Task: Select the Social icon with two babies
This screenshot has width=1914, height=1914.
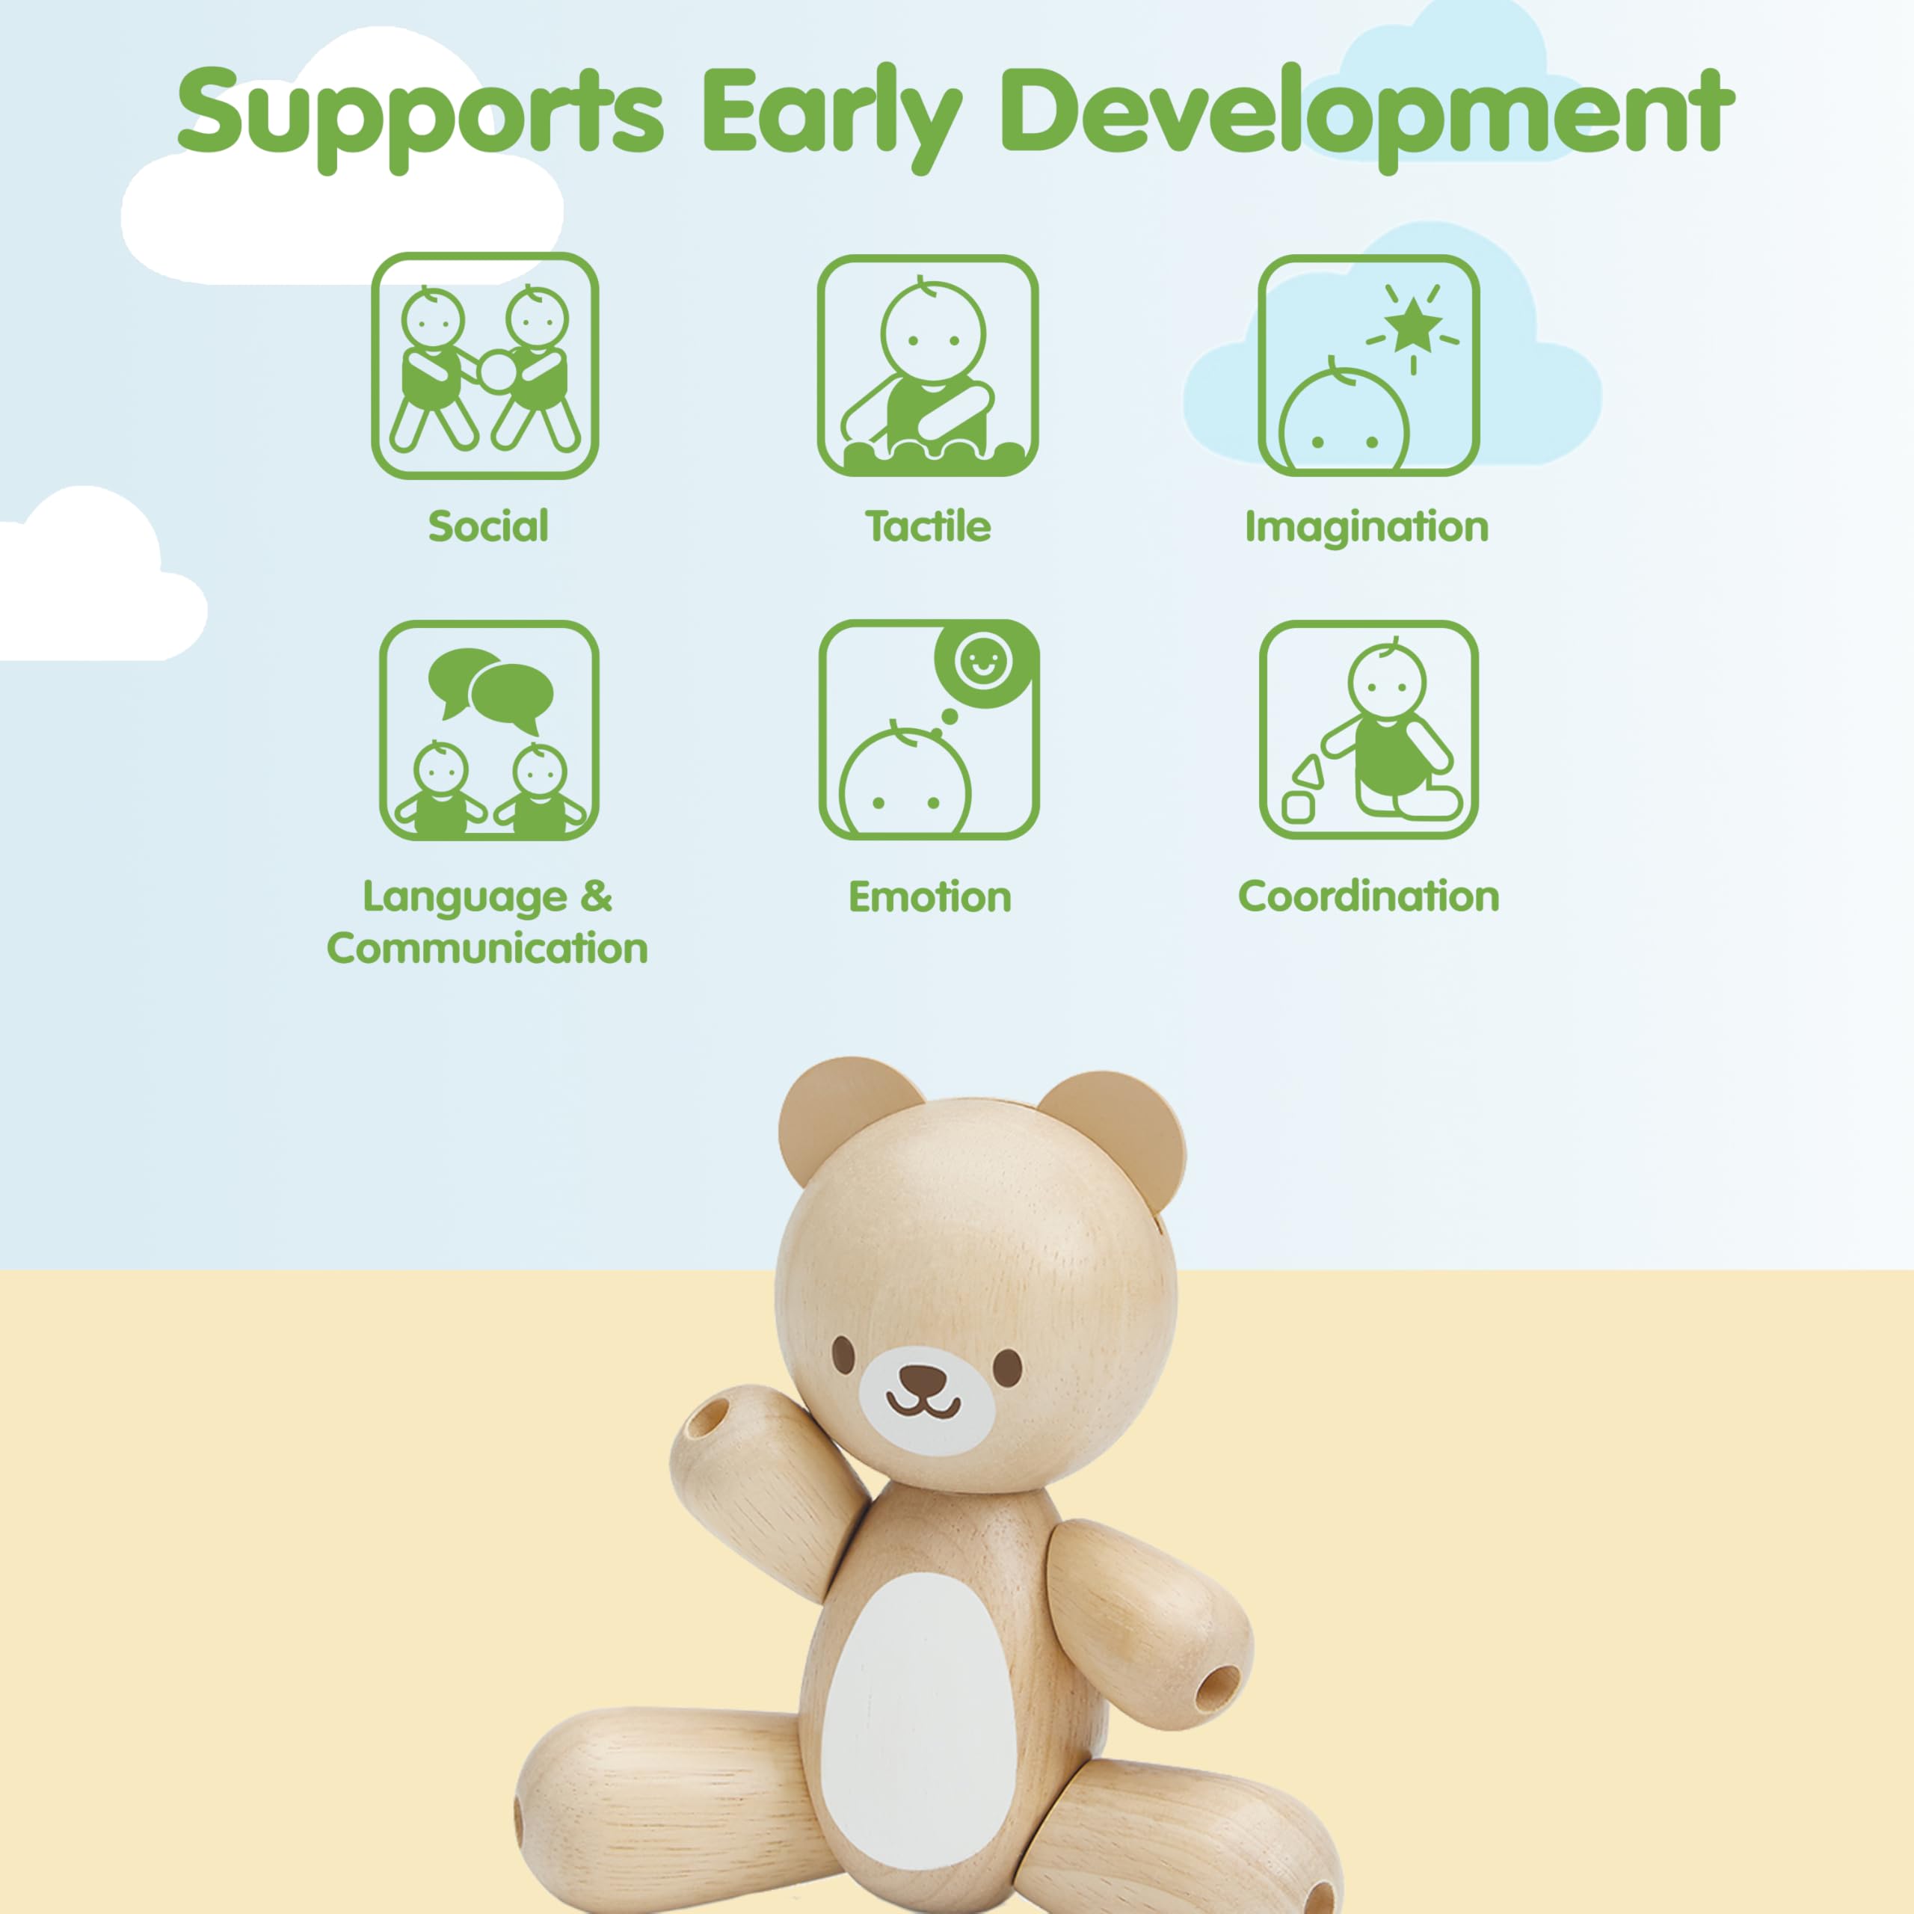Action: tap(484, 366)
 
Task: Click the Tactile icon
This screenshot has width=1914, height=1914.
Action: tap(927, 366)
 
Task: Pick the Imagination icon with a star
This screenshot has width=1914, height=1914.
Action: tap(1369, 366)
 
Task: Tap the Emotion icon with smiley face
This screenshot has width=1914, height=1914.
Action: tap(929, 730)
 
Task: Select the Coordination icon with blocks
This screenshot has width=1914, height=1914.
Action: tap(1369, 730)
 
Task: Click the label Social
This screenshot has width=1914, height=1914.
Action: tap(487, 526)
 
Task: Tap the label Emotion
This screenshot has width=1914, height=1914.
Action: tap(930, 896)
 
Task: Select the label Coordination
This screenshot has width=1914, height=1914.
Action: tap(1369, 896)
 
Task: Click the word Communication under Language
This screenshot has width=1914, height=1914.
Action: tap(487, 948)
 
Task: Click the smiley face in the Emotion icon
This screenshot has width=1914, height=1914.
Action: tap(982, 661)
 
